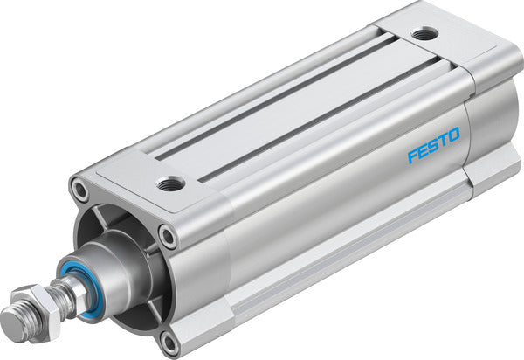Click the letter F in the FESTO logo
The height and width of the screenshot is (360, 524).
pos(413,159)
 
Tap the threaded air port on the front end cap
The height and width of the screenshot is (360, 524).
pos(172,183)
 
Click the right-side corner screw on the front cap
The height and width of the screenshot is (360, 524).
pos(167,234)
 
